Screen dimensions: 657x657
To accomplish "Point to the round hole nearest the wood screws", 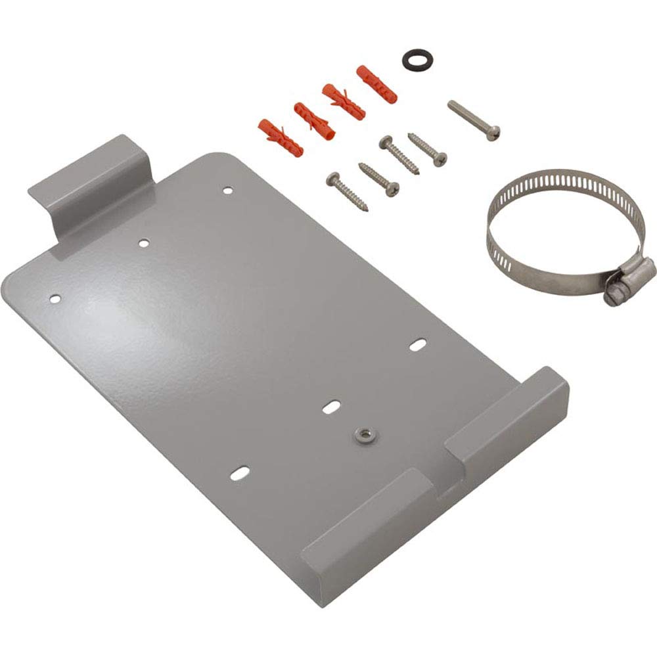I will (227, 191).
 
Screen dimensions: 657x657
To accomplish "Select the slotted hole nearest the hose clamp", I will (418, 344).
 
